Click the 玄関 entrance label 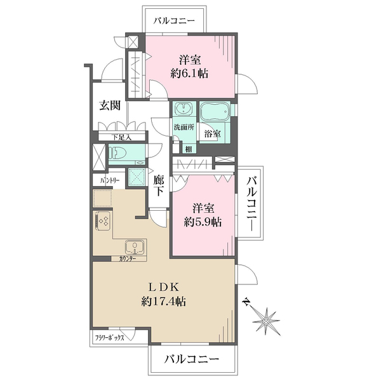[x=110, y=106]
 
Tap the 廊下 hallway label [x=160, y=185]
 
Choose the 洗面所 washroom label [x=184, y=126]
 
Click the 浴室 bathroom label [x=212, y=133]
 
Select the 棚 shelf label [x=189, y=149]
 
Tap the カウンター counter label [x=128, y=259]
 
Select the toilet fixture [x=118, y=152]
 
